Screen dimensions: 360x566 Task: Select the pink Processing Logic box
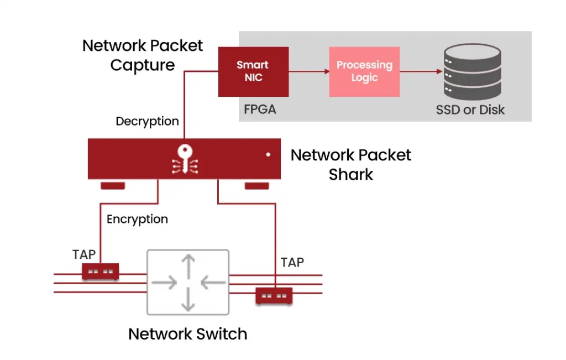pos(364,71)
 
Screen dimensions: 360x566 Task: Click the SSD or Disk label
pos(470,109)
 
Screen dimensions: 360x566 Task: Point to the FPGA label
pos(260,109)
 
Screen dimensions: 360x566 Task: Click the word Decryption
pos(147,121)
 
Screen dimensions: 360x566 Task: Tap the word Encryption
pos(137,219)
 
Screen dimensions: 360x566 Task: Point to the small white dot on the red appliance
pos(268,154)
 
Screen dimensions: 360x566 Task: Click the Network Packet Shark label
pos(351,164)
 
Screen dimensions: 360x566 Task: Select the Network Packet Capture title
pos(143,55)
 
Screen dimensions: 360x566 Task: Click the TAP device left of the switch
pos(101,272)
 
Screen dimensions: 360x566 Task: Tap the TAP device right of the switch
pos(274,296)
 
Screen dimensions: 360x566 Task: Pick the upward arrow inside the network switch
pos(188,267)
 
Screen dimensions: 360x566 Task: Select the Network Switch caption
pos(187,334)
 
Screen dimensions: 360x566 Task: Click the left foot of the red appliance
pos(113,185)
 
